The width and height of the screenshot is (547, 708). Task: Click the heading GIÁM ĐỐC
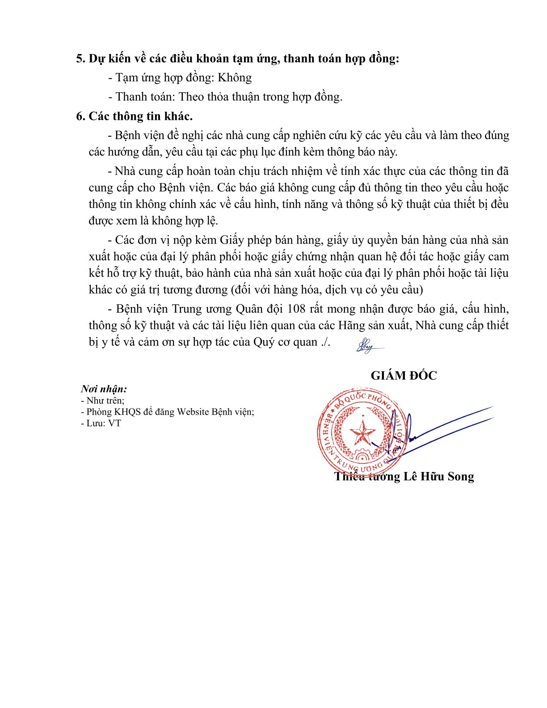(404, 375)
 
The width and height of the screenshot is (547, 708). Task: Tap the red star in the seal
(362, 432)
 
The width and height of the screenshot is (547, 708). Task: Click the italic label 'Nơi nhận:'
(104, 389)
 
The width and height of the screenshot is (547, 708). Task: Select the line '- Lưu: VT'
(101, 423)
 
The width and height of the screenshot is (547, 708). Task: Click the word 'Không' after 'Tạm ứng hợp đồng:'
(235, 78)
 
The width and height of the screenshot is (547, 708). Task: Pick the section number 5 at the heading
(80, 59)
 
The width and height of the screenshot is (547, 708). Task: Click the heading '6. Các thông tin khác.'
(135, 116)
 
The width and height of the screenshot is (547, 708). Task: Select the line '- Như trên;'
(103, 400)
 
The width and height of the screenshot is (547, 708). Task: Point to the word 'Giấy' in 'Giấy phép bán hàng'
(231, 240)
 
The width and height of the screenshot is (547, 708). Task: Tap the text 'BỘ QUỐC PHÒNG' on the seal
(363, 399)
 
